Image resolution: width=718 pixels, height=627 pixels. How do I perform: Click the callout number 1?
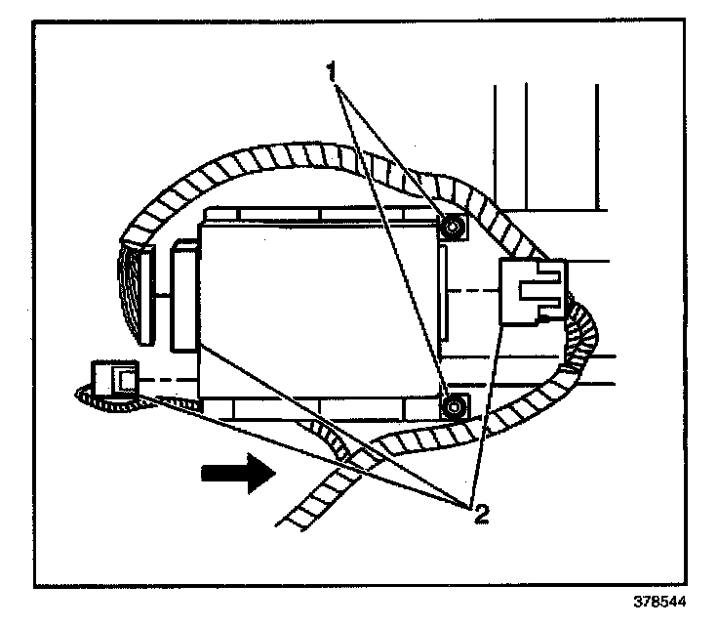(x=334, y=71)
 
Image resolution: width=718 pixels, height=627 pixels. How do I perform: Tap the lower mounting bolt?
(x=452, y=405)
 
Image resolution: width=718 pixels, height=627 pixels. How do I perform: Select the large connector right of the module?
(x=532, y=289)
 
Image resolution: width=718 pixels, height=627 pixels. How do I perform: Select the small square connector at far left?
(x=115, y=377)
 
